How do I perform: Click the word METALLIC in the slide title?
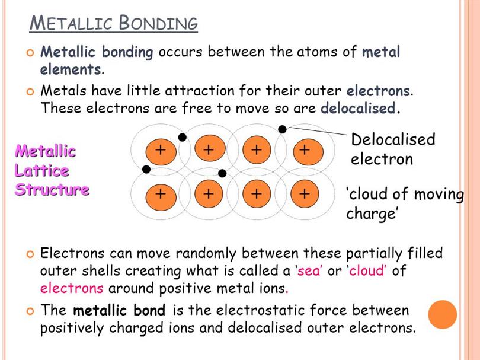pos(71,23)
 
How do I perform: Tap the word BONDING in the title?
pos(158,23)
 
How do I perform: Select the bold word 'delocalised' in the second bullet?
pos(358,108)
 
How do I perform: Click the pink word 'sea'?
pos(309,271)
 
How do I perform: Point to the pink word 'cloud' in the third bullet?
pos(366,270)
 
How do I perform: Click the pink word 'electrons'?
pos(72,288)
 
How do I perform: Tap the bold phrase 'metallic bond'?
pos(119,310)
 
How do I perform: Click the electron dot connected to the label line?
pos(282,129)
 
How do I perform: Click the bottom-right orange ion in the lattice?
pos(305,193)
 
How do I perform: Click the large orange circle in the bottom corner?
pos(442,314)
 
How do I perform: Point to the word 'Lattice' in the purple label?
pos(41,170)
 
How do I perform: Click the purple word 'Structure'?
pos(52,190)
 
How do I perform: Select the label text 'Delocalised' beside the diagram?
pos(393,139)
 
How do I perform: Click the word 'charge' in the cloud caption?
pos(371,214)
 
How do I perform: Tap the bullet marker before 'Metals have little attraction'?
pos(30,91)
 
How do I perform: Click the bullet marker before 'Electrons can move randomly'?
pos(30,254)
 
